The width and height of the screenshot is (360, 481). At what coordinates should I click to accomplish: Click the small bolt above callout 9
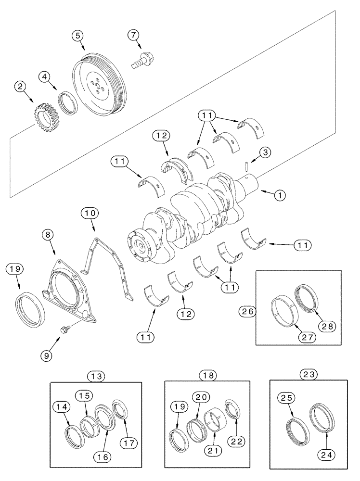64,329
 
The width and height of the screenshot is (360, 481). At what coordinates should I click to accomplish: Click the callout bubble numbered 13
96,375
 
